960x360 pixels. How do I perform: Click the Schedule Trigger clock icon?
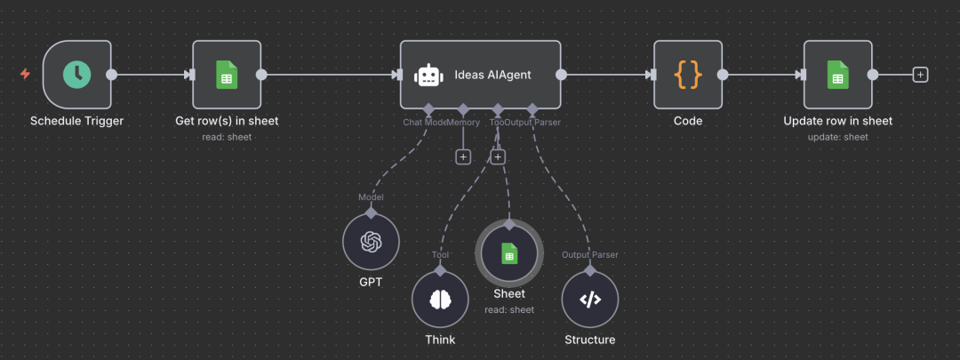[77, 75]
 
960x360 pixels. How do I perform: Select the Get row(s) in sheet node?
[227, 75]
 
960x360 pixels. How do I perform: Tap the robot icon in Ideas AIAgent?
[429, 75]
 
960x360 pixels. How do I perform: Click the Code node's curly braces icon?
[688, 75]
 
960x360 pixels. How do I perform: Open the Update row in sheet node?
[837, 75]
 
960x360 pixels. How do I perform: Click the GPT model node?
[371, 242]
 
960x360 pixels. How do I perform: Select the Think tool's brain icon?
[440, 300]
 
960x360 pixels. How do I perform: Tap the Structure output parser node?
[589, 300]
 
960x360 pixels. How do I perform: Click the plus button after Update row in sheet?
[920, 75]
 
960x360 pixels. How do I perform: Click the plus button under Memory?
[463, 156]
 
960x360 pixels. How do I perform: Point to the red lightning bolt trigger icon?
[25, 75]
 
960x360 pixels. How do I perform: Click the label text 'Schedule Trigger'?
[77, 121]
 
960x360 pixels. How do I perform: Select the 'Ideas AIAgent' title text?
[492, 75]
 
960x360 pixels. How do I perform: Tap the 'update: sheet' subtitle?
[837, 137]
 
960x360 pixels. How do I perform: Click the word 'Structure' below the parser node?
[589, 340]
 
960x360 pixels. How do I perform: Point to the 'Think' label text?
[440, 340]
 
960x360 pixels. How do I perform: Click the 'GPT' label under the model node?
[371, 283]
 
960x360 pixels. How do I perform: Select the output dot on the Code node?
[723, 75]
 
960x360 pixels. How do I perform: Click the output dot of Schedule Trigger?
[112, 75]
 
